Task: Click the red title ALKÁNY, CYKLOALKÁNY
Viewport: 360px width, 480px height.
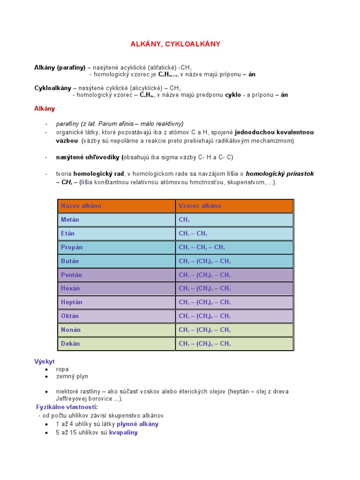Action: click(175, 44)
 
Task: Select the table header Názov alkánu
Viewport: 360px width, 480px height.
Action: click(81, 206)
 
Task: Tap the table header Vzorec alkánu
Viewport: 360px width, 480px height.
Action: click(200, 206)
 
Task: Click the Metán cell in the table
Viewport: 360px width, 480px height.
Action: click(70, 219)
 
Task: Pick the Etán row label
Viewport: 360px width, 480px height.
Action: click(68, 233)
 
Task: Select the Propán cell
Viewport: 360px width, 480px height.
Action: click(72, 247)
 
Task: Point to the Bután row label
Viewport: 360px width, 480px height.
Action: click(70, 261)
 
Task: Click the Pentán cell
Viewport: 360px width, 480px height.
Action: click(71, 275)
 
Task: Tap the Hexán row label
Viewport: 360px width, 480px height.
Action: click(70, 288)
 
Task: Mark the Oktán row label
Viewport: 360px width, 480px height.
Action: click(70, 316)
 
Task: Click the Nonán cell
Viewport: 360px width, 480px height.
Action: click(71, 330)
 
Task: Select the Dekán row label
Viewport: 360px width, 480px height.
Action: click(70, 344)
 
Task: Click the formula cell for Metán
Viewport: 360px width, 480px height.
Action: click(184, 219)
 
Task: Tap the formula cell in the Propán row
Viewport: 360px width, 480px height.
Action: click(202, 247)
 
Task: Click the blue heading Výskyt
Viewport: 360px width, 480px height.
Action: click(45, 361)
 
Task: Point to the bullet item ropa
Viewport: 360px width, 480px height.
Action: click(62, 369)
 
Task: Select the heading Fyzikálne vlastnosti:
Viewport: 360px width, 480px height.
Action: click(67, 407)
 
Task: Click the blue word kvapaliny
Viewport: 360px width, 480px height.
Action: click(123, 433)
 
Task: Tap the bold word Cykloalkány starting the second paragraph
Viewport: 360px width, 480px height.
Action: click(53, 88)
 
